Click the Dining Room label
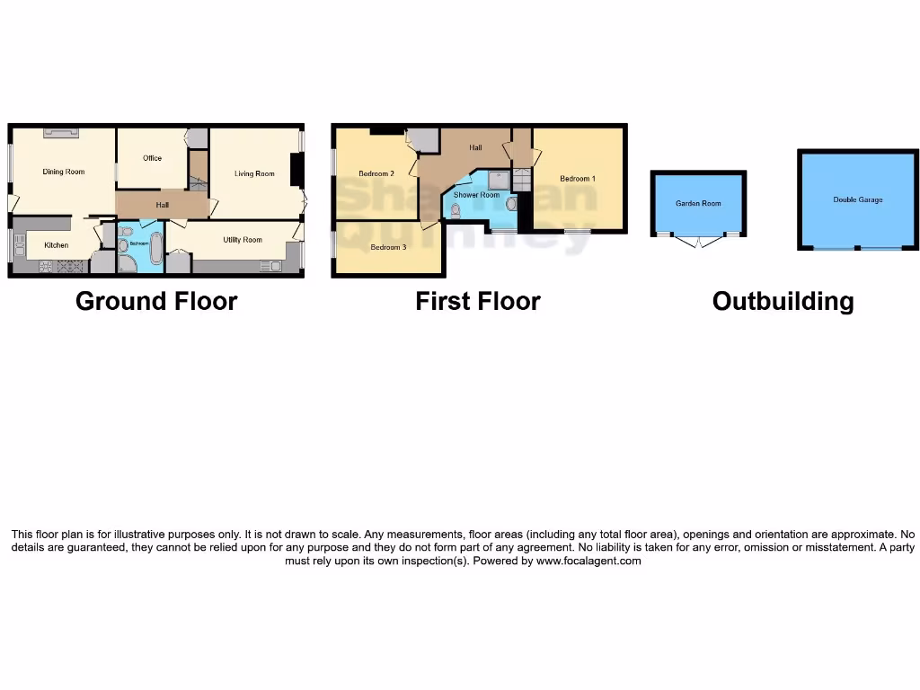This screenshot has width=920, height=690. pos(64,172)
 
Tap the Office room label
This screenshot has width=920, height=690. pos(153,158)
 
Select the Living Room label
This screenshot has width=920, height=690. pos(254,173)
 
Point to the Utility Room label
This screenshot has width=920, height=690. pos(243,240)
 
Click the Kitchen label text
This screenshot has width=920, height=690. pos(57,244)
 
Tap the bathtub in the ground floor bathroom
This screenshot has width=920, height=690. pos(155,249)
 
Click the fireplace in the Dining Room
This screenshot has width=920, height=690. pos(61,133)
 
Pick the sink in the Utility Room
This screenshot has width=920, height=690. pos(270,266)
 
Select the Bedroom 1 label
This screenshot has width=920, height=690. pos(578,179)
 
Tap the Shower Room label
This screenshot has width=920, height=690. pos(476,195)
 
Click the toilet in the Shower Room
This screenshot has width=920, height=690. pos(456,211)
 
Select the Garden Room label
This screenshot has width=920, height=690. pos(698,204)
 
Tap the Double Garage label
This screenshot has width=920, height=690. pos(857,199)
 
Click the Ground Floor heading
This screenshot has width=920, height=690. pos(156,301)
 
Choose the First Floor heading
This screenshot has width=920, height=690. pos(477,301)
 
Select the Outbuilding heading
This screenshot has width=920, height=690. pos(783,301)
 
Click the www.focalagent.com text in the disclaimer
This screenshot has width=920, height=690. pos(588,561)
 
